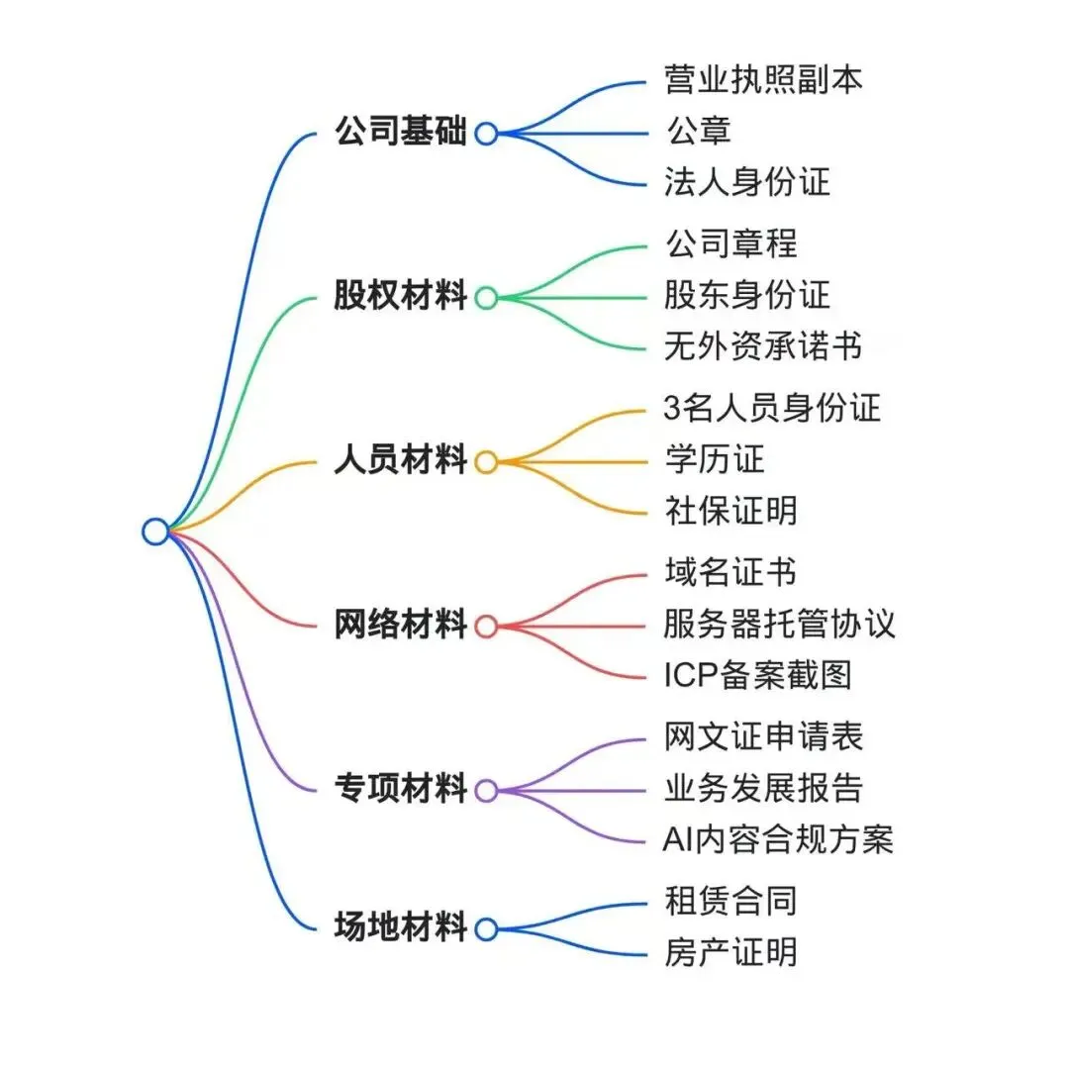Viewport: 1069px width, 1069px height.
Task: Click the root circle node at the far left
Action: tap(155, 532)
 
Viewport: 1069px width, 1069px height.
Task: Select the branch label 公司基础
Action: tap(400, 133)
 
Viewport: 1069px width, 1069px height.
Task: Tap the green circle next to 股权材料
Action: tap(486, 297)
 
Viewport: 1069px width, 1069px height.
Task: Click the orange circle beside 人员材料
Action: tap(486, 461)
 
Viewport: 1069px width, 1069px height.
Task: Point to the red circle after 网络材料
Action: tap(486, 626)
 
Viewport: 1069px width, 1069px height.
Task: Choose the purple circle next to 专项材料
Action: tap(486, 790)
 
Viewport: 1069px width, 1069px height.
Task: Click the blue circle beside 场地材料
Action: tap(486, 928)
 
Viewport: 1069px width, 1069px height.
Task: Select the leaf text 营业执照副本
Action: tap(763, 79)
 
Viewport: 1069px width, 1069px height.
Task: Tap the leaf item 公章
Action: tap(698, 131)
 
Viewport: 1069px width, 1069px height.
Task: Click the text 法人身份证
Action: tap(747, 182)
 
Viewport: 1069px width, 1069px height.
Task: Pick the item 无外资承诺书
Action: tap(763, 345)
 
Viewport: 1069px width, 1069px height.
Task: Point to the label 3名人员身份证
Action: tap(772, 407)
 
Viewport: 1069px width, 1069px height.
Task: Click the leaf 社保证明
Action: tap(730, 511)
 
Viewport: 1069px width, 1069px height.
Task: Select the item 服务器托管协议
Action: tap(780, 624)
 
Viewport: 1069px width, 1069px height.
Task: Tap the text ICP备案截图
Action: tap(757, 675)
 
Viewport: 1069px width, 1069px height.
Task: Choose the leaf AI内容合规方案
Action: tap(778, 839)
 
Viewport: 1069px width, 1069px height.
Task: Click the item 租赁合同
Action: tap(730, 901)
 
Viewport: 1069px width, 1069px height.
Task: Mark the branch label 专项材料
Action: tap(400, 790)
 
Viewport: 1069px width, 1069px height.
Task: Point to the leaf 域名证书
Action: tap(730, 572)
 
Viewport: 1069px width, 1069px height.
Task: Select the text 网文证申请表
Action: tap(763, 736)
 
